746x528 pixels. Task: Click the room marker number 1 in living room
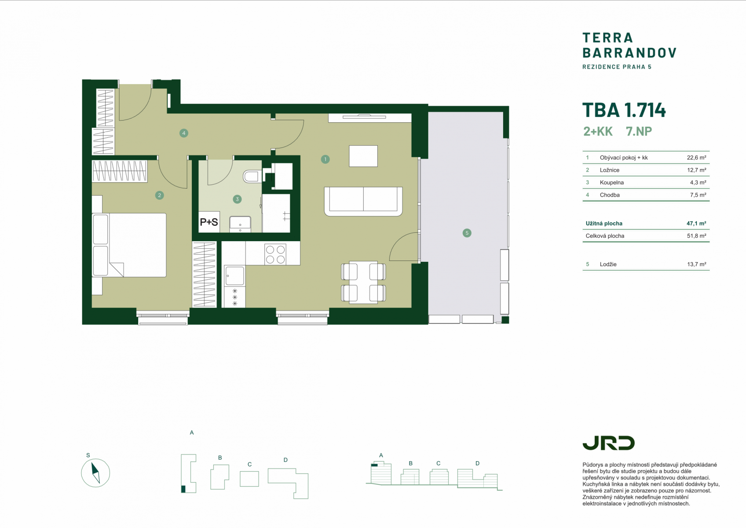click(x=325, y=160)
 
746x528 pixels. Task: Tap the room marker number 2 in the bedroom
click(x=160, y=195)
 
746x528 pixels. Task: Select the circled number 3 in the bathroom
click(x=237, y=199)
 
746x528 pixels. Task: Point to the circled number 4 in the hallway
click(x=184, y=133)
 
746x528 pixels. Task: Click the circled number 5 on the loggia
click(x=467, y=233)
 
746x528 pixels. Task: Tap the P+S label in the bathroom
click(x=209, y=222)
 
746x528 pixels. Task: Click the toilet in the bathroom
click(x=252, y=176)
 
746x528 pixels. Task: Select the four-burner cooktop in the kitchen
click(x=275, y=254)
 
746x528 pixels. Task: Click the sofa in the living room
click(x=363, y=202)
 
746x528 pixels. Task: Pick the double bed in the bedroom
click(x=129, y=245)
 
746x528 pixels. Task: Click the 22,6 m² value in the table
click(x=696, y=158)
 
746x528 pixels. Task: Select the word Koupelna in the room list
click(x=612, y=183)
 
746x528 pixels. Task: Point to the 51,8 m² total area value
click(x=696, y=236)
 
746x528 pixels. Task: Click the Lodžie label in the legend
click(x=608, y=264)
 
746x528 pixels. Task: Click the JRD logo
click(x=608, y=443)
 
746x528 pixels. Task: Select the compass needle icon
click(x=95, y=473)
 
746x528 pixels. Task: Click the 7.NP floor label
click(x=639, y=131)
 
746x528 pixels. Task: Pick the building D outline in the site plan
click(x=289, y=484)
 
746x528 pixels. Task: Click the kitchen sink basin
click(x=234, y=276)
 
